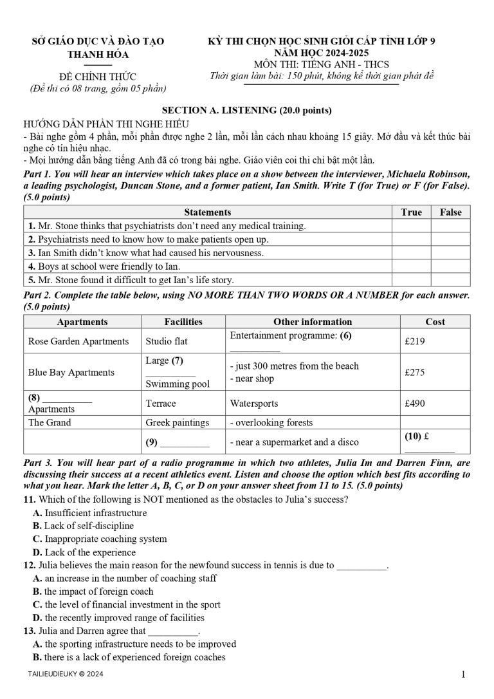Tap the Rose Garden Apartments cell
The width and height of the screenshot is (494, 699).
[x=78, y=341]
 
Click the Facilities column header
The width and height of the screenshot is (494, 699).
[x=183, y=321]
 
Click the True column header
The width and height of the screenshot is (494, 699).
[x=411, y=212]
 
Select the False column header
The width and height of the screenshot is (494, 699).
[x=450, y=212]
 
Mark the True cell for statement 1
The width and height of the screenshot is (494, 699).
[x=411, y=226]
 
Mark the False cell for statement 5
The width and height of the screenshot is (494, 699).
[x=450, y=280]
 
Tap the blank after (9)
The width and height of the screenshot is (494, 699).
[x=185, y=442]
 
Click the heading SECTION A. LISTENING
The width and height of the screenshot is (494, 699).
[x=246, y=110]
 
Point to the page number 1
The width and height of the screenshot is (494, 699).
[x=463, y=675]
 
